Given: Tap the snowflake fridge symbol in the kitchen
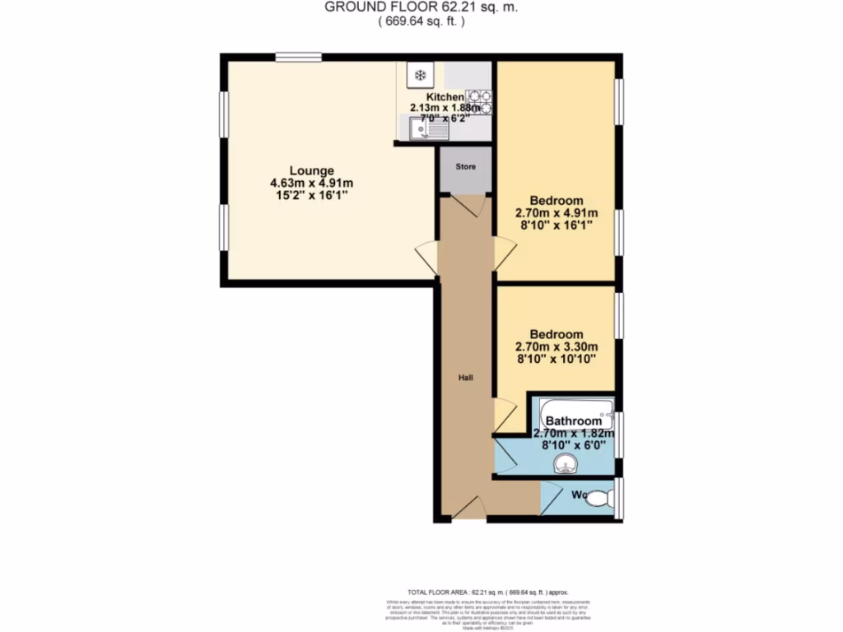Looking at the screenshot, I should (x=420, y=77).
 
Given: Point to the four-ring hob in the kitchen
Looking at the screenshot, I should (x=479, y=102).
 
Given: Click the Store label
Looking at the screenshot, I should (x=466, y=167).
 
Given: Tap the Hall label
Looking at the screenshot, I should (x=465, y=378).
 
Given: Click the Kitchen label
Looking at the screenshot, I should (x=445, y=97).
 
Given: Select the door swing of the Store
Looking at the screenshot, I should (x=466, y=206).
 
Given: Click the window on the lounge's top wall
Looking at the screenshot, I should (x=298, y=57).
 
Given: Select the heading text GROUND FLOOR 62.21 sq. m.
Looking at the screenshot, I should (x=421, y=7).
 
